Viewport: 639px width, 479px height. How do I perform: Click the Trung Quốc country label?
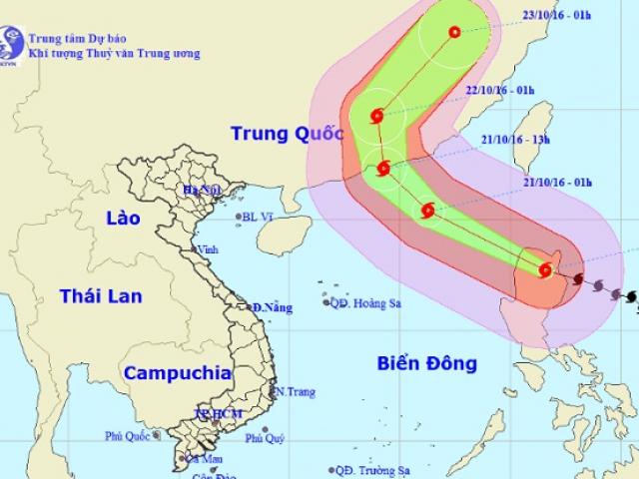pos(287,134)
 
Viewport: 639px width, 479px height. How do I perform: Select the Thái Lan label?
pos(100,295)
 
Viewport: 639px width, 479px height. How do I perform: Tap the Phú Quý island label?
pos(265,438)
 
